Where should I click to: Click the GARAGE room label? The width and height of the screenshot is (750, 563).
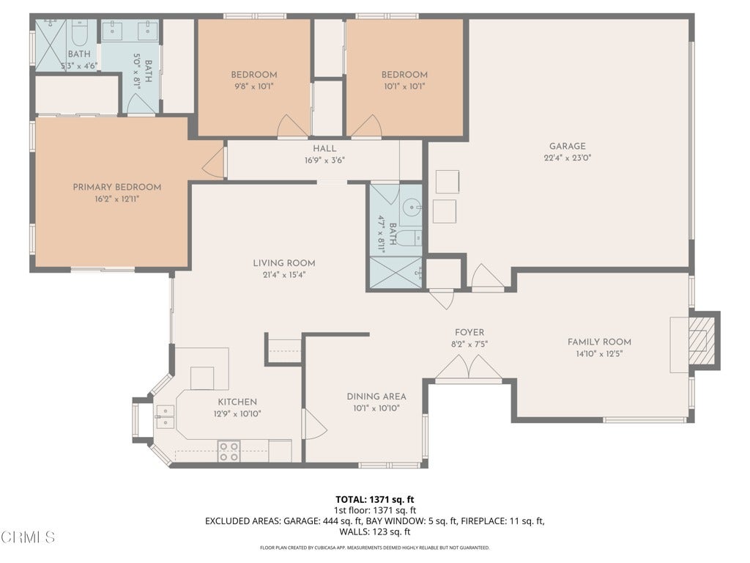[567, 146]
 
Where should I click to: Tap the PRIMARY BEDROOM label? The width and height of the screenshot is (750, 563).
[116, 187]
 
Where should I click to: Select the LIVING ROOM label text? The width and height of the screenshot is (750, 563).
[284, 263]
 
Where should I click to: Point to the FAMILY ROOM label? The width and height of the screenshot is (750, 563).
[599, 342]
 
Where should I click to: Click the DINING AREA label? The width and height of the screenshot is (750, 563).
[376, 397]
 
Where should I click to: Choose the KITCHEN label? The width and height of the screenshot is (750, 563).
[237, 402]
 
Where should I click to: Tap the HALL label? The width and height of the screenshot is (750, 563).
[324, 148]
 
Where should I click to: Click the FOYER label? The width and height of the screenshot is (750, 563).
[469, 332]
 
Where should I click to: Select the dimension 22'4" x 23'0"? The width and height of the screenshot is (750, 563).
[568, 158]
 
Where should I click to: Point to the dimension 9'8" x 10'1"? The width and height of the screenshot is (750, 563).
[254, 87]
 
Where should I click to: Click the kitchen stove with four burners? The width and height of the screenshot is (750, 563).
[229, 452]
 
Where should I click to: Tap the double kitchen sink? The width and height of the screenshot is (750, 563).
[165, 416]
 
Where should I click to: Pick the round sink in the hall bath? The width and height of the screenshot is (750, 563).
[411, 207]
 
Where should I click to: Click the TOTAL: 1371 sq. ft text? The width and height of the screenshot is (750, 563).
[375, 500]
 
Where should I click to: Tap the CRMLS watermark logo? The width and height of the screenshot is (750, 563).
[28, 537]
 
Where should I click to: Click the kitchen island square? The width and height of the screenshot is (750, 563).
[202, 378]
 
